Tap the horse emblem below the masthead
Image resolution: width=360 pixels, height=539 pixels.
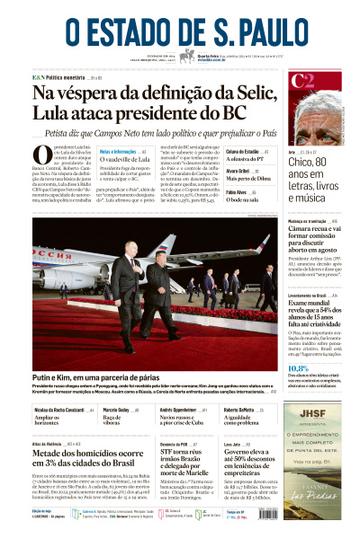(x=186, y=57)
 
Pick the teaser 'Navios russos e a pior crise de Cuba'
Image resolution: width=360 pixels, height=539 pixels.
(x=189, y=420)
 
